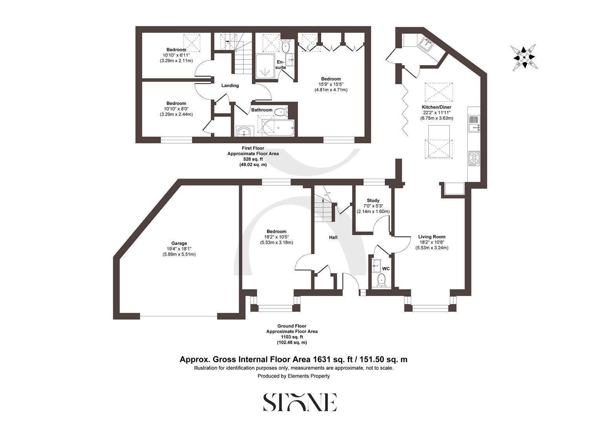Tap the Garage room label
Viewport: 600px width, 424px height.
pyautogui.click(x=179, y=243)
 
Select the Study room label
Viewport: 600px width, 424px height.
pyautogui.click(x=373, y=201)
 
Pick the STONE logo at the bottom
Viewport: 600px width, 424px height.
pyautogui.click(x=300, y=402)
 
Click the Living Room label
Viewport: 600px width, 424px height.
pyautogui.click(x=432, y=237)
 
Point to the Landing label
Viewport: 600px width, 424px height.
pyautogui.click(x=230, y=86)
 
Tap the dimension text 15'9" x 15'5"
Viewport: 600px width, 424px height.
pyautogui.click(x=331, y=84)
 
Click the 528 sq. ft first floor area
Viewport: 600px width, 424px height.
pyautogui.click(x=253, y=159)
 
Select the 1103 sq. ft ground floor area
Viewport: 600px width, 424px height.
pyautogui.click(x=292, y=337)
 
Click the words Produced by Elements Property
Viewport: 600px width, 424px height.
pyautogui.click(x=293, y=376)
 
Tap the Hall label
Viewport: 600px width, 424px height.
pyautogui.click(x=333, y=238)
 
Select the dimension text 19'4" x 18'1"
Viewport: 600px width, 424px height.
pyautogui.click(x=179, y=249)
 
